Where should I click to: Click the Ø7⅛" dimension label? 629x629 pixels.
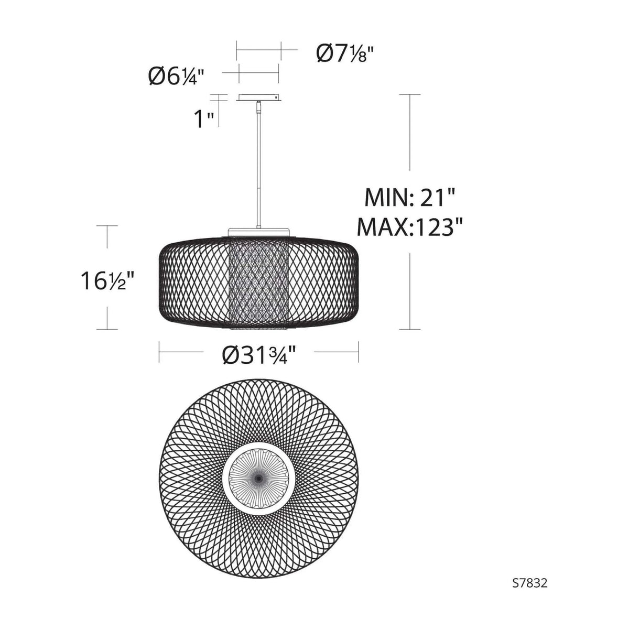(x=346, y=53)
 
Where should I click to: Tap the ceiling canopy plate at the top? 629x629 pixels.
(x=258, y=97)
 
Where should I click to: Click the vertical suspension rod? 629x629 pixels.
(x=258, y=168)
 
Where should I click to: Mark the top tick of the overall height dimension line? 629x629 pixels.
(x=409, y=94)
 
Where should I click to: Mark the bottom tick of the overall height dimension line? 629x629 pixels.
(x=409, y=329)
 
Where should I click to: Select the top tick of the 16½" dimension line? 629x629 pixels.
(x=109, y=226)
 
